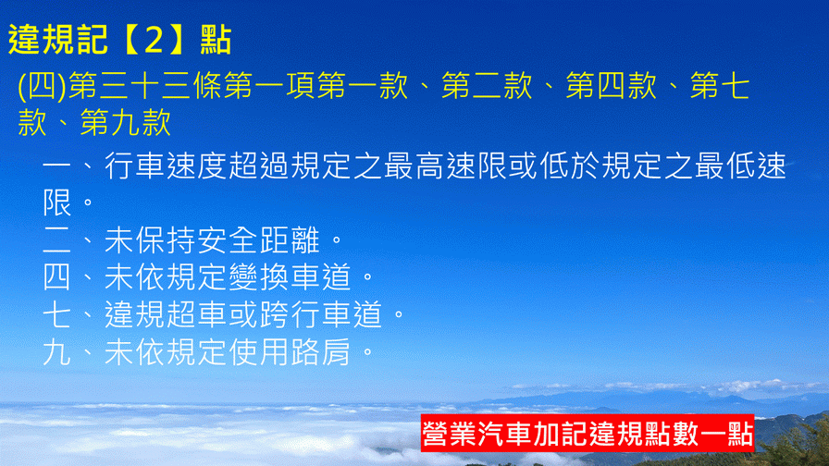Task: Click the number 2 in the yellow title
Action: click(154, 40)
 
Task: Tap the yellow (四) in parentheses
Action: click(43, 86)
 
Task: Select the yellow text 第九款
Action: click(125, 123)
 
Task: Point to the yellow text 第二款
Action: click(487, 86)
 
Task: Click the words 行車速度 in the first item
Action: click(166, 166)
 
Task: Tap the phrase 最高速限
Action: click(445, 166)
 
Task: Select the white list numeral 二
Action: click(56, 240)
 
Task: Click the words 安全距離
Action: click(258, 240)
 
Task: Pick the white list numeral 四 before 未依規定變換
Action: click(56, 277)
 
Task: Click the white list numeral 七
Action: click(56, 314)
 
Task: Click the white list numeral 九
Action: click(56, 352)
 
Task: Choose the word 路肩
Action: click(321, 352)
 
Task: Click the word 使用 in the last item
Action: click(258, 352)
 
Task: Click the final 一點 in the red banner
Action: click(726, 434)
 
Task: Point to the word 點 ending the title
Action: click(216, 40)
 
